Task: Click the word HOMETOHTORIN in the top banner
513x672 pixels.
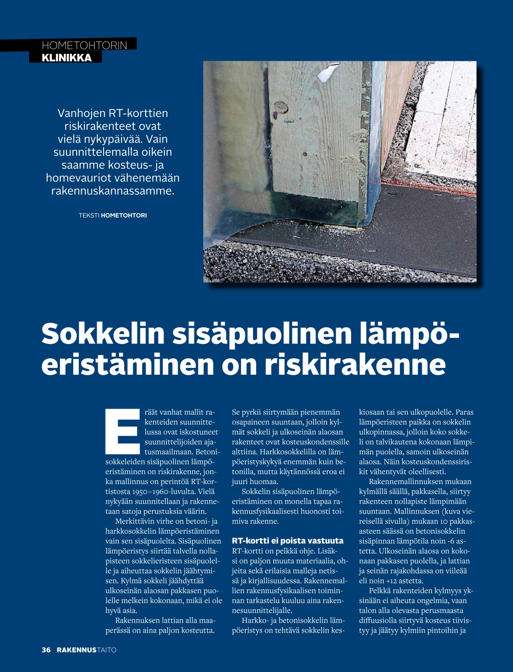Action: point(84,45)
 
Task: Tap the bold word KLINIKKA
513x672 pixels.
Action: point(66,58)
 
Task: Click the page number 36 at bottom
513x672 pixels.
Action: point(46,650)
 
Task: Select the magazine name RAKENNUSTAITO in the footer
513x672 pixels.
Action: point(86,650)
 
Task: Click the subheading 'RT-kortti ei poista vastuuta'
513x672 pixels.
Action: point(287,541)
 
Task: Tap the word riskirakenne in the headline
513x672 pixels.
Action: point(355,365)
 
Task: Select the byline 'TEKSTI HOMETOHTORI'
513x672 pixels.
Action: point(113,215)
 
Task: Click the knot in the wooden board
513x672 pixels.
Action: point(280,106)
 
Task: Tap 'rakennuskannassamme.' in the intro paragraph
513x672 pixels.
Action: point(113,191)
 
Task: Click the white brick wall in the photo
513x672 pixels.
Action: point(445,116)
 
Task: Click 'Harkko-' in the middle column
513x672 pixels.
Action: point(255,620)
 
